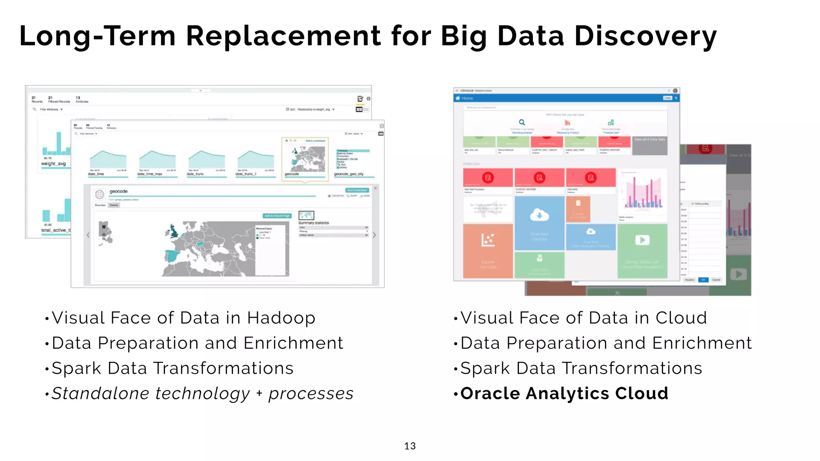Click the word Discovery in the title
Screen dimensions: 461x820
pyautogui.click(x=645, y=36)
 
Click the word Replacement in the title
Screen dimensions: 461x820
pyautogui.click(x=283, y=36)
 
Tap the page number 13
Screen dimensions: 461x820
pyautogui.click(x=410, y=446)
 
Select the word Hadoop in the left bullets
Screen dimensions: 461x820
pyautogui.click(x=281, y=318)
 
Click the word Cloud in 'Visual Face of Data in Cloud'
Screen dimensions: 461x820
pyautogui.click(x=681, y=318)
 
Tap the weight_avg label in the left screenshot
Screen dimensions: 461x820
pyautogui.click(x=53, y=164)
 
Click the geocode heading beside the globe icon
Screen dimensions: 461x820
pyautogui.click(x=119, y=191)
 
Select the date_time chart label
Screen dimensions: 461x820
pyautogui.click(x=96, y=174)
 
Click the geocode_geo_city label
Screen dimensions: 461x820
pyautogui.click(x=349, y=174)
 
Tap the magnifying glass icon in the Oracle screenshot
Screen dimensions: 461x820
pyautogui.click(x=522, y=122)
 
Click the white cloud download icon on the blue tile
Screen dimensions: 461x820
pyautogui.click(x=539, y=215)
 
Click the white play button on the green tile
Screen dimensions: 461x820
pyautogui.click(x=642, y=240)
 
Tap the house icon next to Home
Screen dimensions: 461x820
pyautogui.click(x=458, y=98)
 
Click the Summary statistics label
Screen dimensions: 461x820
pyautogui.click(x=314, y=223)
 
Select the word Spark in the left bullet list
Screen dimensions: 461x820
pyautogui.click(x=76, y=369)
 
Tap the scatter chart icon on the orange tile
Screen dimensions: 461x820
pyautogui.click(x=488, y=240)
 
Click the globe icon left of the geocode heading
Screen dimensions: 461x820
pyautogui.click(x=99, y=194)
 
